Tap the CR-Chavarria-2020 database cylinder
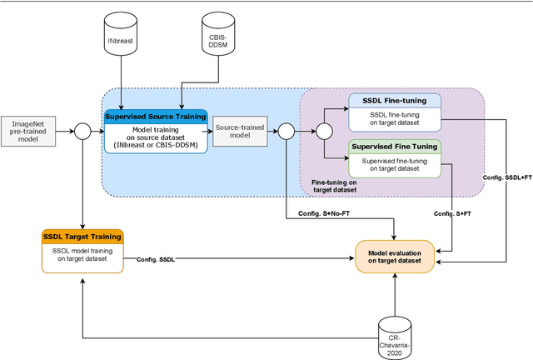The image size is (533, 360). click(396, 337)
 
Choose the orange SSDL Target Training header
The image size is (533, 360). click(82, 236)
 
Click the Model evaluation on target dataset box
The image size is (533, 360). click(396, 255)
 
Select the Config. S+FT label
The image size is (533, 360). click(452, 214)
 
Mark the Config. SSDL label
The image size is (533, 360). click(156, 259)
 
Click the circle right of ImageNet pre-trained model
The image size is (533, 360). click(82, 130)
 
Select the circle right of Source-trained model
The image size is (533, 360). click(286, 130)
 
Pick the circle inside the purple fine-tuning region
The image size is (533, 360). click(323, 130)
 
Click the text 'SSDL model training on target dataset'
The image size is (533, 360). click(82, 254)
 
